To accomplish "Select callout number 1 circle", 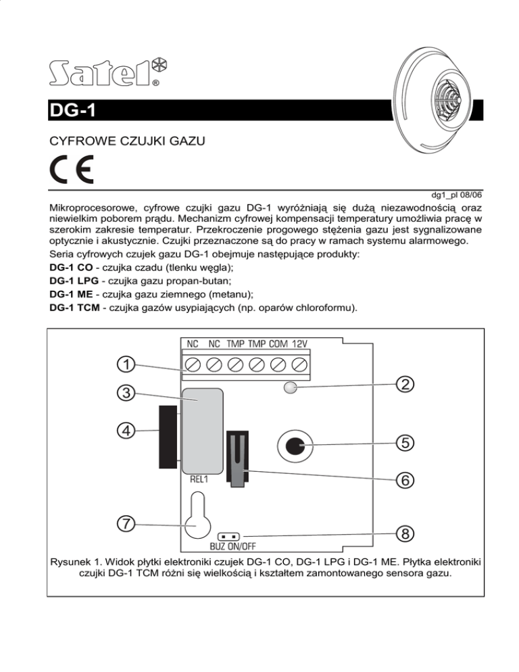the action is tap(125, 364).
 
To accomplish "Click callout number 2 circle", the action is tap(403, 384).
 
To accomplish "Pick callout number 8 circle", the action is tap(403, 533).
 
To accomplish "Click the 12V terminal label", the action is tap(300, 343).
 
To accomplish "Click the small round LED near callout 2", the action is tap(290, 387).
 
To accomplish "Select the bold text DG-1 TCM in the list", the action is tap(75, 308).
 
